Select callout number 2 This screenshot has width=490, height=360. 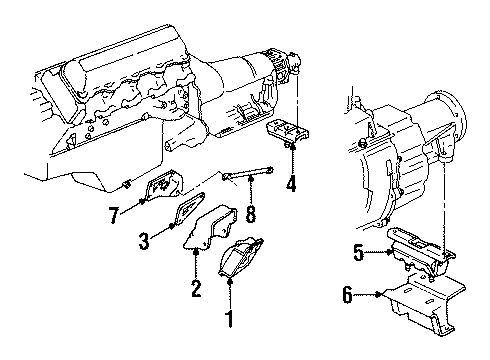(x=196, y=290)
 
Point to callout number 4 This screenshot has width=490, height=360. (x=291, y=183)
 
